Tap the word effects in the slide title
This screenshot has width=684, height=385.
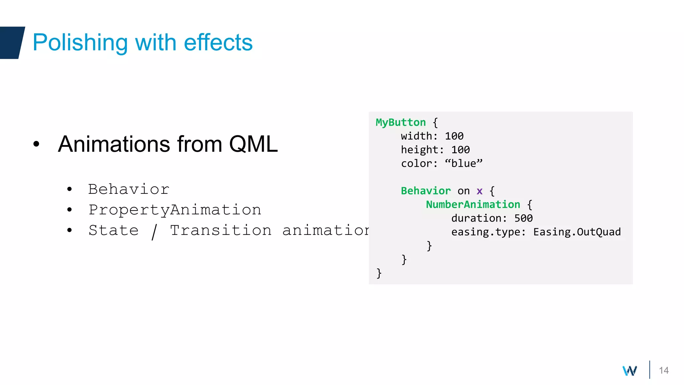click(218, 43)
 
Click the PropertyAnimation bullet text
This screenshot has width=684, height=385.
click(175, 210)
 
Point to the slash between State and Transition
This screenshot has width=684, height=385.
click(154, 231)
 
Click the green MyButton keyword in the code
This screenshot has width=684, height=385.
click(400, 122)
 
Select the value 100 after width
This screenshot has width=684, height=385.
click(454, 136)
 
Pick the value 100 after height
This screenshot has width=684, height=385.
click(460, 150)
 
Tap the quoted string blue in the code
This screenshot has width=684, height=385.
click(464, 163)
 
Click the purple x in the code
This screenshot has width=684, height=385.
click(479, 191)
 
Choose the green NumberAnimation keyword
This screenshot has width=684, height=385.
click(473, 205)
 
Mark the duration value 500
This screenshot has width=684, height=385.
click(523, 218)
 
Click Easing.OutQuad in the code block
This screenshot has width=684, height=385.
click(577, 232)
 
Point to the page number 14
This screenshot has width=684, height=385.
click(664, 370)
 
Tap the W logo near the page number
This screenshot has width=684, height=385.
click(630, 371)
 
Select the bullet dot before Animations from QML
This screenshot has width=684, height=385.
click(36, 144)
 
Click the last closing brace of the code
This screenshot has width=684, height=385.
click(379, 273)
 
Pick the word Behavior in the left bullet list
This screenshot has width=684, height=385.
click(129, 189)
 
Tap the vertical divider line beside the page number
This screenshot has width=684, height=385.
click(650, 370)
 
